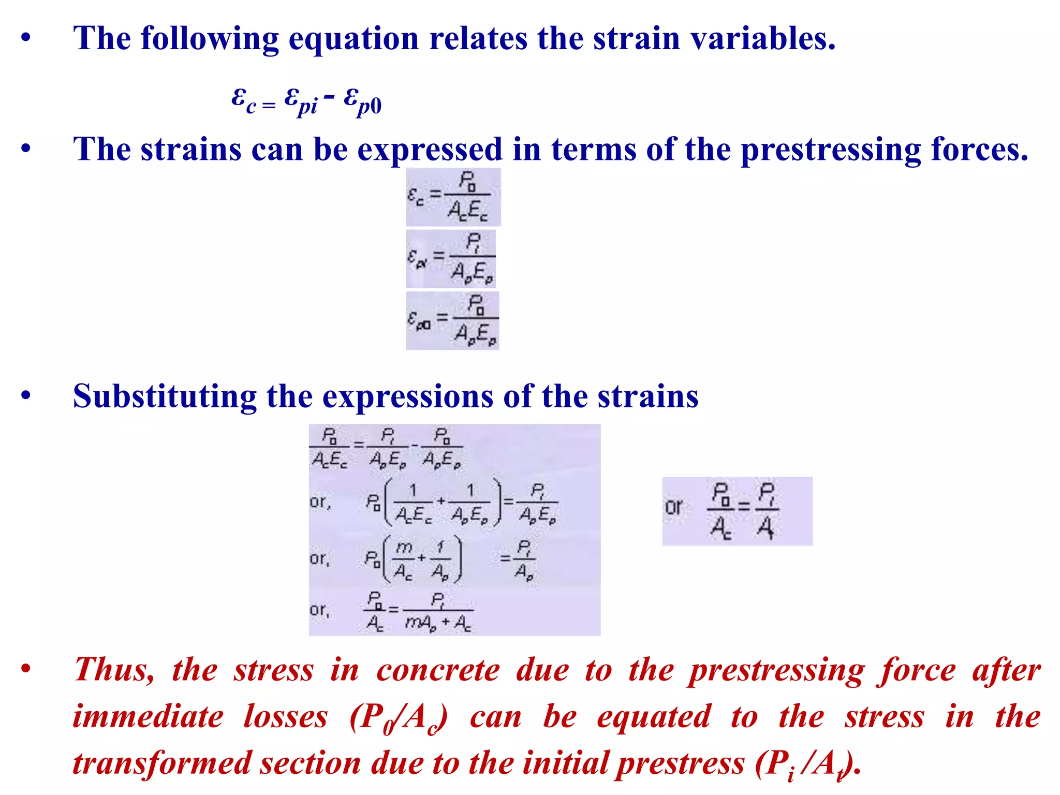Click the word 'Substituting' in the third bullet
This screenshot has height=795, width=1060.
165,397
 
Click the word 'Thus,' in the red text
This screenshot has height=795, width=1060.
114,670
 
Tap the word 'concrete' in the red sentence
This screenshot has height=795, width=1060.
438,670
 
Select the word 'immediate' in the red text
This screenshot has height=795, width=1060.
148,717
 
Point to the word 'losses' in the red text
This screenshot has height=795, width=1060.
286,717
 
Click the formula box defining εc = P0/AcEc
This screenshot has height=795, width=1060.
453,197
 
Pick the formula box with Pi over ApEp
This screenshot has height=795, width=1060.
451,259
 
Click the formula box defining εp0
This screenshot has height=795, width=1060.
452,321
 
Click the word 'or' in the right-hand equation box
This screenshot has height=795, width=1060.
674,507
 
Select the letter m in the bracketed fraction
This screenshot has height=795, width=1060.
404,548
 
